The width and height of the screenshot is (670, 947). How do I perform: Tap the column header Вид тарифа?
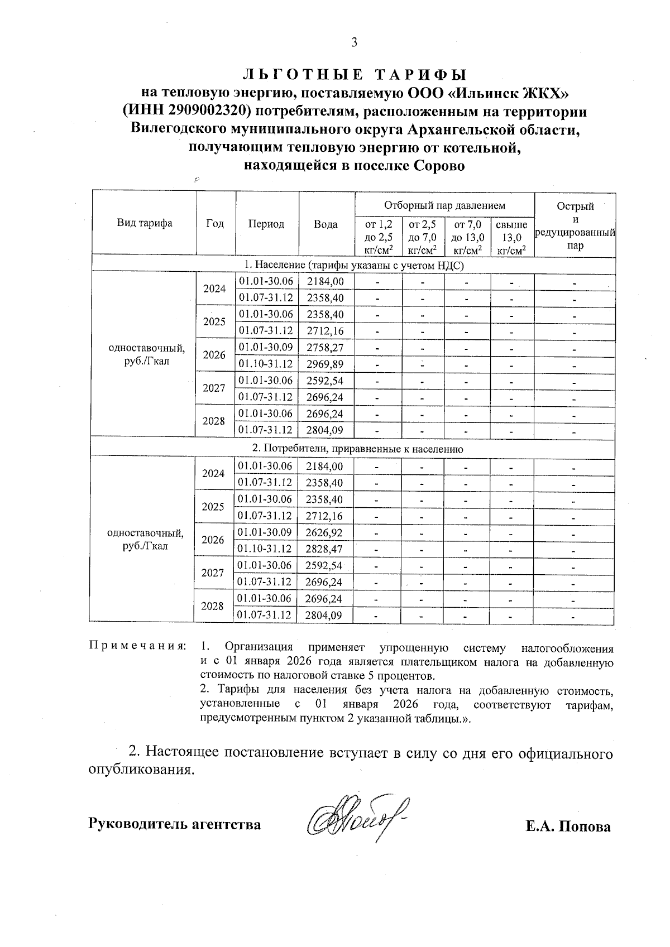(x=145, y=224)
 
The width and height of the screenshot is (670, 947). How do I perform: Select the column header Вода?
(x=326, y=224)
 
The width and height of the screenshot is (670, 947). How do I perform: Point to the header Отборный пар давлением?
(x=444, y=206)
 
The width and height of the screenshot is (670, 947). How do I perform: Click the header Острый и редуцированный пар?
(x=575, y=225)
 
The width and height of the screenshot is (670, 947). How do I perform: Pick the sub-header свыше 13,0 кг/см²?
(x=511, y=238)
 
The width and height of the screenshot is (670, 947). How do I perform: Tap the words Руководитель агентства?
(x=175, y=824)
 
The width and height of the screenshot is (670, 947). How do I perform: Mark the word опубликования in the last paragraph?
(x=141, y=770)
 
